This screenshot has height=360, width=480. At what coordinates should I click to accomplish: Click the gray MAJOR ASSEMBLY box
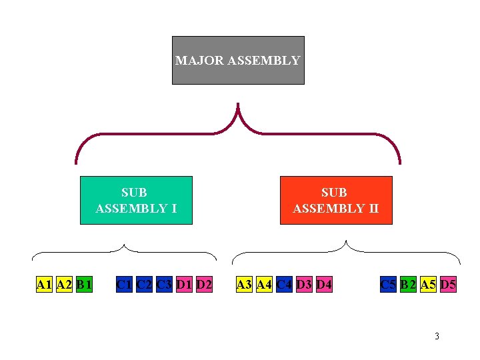238,60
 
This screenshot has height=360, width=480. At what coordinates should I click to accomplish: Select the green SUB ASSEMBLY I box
136,200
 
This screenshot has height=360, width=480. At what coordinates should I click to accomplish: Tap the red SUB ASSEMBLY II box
335,200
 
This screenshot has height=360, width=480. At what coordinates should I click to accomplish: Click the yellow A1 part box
44,285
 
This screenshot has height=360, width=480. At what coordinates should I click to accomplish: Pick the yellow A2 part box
65,285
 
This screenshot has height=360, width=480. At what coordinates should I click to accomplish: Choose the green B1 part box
84,285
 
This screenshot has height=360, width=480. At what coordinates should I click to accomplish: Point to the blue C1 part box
123,285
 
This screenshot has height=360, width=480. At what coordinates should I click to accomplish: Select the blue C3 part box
164,285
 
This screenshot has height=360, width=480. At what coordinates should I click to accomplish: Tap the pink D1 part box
184,285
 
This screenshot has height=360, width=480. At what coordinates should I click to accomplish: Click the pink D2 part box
204,285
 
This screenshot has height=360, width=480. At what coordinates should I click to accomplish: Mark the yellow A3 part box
244,285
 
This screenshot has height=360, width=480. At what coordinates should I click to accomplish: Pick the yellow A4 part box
264,285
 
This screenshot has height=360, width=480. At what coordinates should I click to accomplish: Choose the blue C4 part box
284,285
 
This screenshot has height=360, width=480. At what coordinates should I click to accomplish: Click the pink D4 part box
324,285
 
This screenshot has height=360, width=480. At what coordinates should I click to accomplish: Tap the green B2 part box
408,285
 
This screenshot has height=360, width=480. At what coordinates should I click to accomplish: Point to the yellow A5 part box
428,285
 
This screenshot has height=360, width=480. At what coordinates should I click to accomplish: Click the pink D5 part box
448,285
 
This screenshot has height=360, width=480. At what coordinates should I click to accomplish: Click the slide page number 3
437,336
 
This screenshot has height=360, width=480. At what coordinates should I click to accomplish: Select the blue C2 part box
143,285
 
